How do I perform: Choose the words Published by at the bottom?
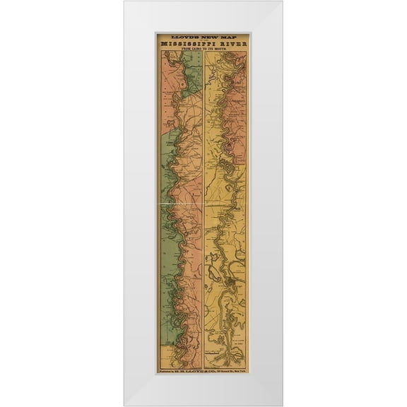(x=170, y=371)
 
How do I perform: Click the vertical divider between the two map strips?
(x=203, y=212)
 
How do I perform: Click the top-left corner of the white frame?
(x=125, y=2)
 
